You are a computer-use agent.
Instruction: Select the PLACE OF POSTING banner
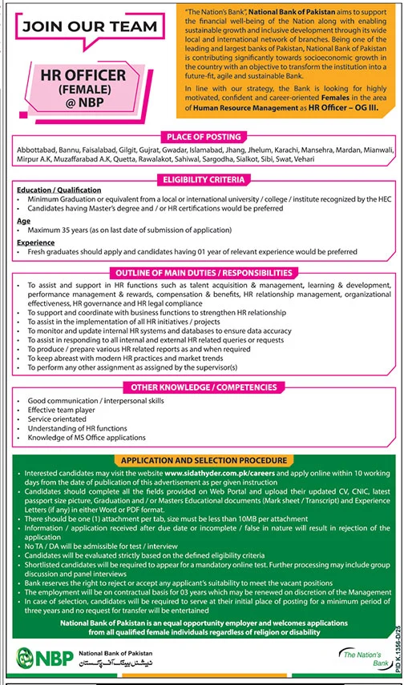click(202, 137)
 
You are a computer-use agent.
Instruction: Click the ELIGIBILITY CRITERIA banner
click(202, 180)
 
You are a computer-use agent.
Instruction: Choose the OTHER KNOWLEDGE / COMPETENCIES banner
click(202, 387)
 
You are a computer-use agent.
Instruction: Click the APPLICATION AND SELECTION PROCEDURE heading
click(202, 460)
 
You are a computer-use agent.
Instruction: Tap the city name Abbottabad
click(35, 151)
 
